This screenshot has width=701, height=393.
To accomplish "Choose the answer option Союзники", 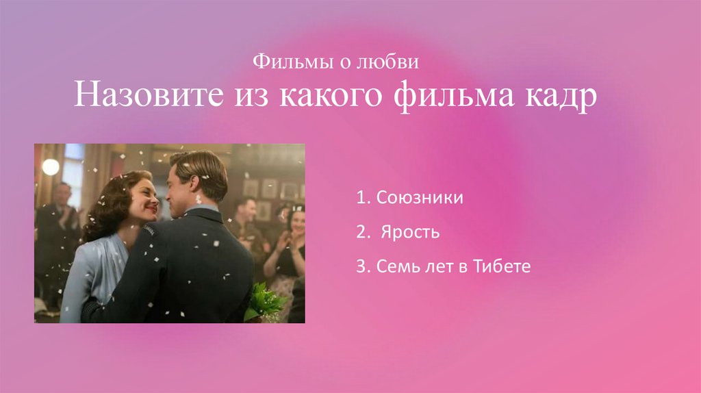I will [419, 199].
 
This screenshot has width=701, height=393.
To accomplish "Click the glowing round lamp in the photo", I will [51, 166].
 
